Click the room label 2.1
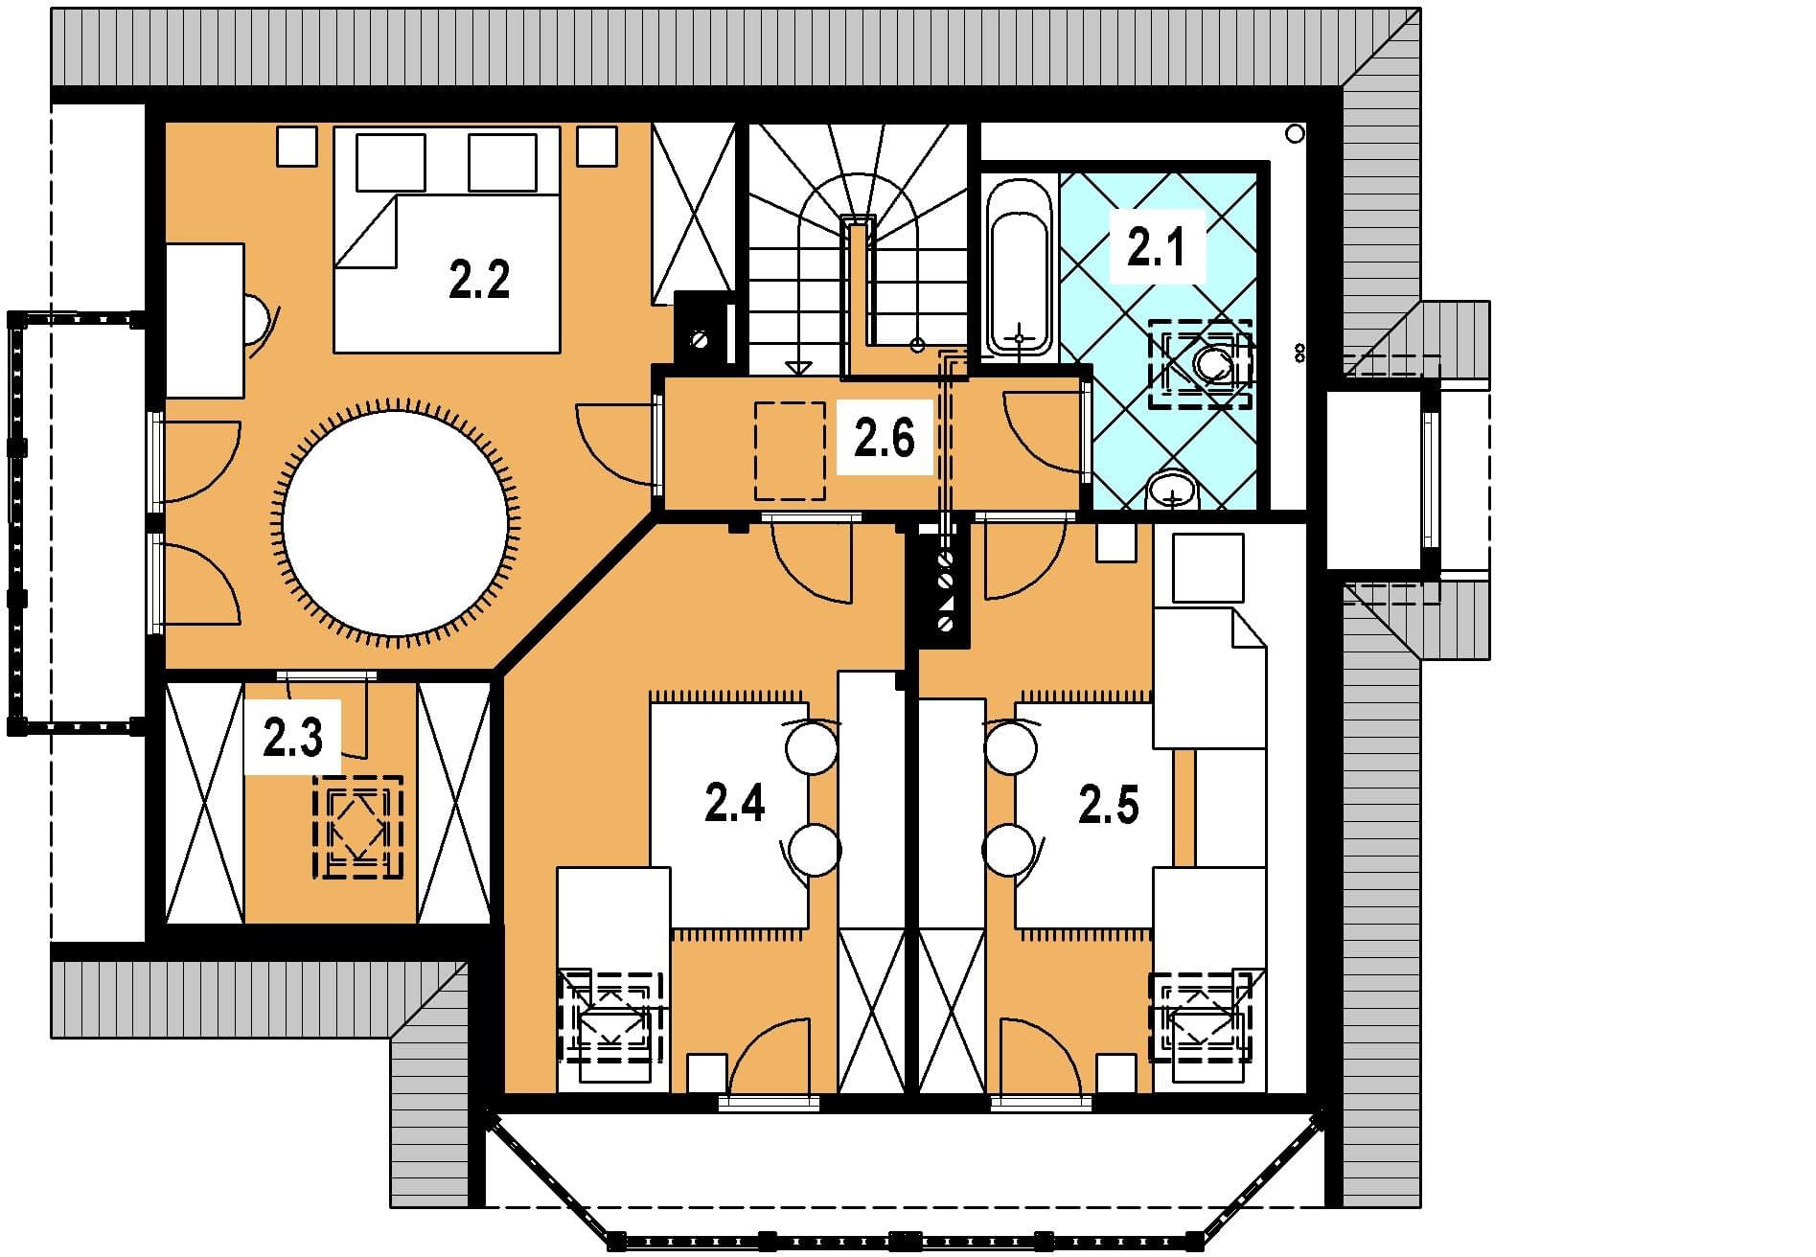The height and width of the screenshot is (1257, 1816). click(x=1156, y=248)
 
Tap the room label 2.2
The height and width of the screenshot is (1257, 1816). click(x=479, y=280)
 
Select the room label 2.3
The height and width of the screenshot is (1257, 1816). click(x=292, y=739)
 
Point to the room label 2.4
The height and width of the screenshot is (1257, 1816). click(x=735, y=802)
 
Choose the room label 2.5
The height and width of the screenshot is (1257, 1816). click(x=1109, y=806)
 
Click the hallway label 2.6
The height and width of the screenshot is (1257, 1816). click(x=885, y=439)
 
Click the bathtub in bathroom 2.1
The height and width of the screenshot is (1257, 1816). click(x=1020, y=269)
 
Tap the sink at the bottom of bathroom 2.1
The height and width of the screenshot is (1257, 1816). click(x=1172, y=491)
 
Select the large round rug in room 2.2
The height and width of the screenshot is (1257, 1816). click(x=395, y=523)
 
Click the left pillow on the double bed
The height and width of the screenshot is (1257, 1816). click(x=390, y=163)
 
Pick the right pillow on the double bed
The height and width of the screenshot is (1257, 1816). click(x=502, y=163)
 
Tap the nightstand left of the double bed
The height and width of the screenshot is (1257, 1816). click(x=297, y=147)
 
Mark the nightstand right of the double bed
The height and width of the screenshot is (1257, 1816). click(x=596, y=147)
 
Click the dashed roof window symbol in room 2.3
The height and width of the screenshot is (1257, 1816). click(x=357, y=827)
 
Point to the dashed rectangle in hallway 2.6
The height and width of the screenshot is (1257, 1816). click(x=790, y=450)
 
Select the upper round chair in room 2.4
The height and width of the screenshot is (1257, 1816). click(x=812, y=747)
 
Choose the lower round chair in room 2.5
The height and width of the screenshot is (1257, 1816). click(x=1009, y=850)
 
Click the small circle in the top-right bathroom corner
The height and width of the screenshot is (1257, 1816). click(x=1295, y=134)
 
